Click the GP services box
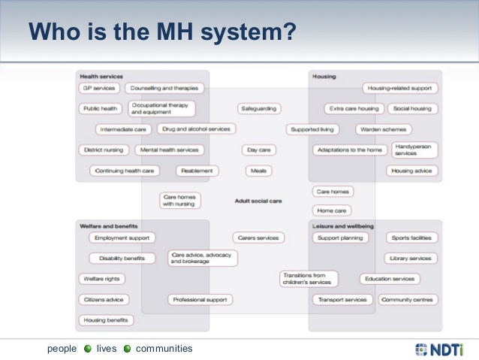(98, 88)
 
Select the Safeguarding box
(258, 108)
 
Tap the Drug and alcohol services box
(197, 129)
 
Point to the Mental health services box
(170, 150)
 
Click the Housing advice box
(412, 171)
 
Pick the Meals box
(258, 171)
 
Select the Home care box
(331, 210)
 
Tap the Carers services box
(258, 237)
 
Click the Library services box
(411, 258)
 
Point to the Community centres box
(407, 299)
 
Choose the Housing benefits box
(106, 319)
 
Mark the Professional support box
(200, 299)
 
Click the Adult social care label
(258, 201)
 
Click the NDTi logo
(438, 349)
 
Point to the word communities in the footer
(164, 349)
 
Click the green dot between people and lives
(87, 349)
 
